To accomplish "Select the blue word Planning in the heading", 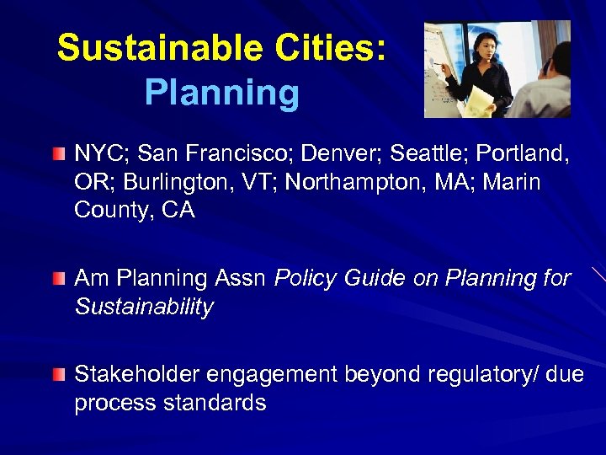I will point(221,94).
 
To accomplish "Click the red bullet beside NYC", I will point(57,154).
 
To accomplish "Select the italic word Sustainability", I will point(144,307).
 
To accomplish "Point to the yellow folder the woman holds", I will point(480,100).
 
